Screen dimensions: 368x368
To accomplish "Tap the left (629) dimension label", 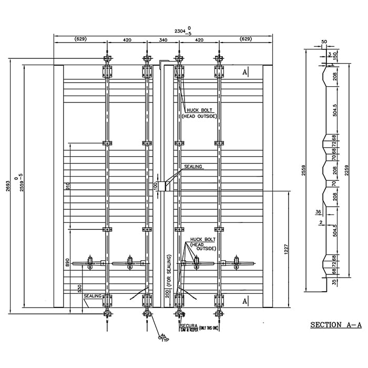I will (x=80, y=39).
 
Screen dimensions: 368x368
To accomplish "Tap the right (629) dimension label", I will (x=246, y=39).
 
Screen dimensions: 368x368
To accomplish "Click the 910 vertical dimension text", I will (x=67, y=187).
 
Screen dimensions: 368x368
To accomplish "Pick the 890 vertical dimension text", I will (x=67, y=263).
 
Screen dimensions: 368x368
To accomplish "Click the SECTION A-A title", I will (x=336, y=325).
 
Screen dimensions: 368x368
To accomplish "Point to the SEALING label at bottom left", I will (x=93, y=297).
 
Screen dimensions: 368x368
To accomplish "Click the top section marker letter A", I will (x=244, y=71).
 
